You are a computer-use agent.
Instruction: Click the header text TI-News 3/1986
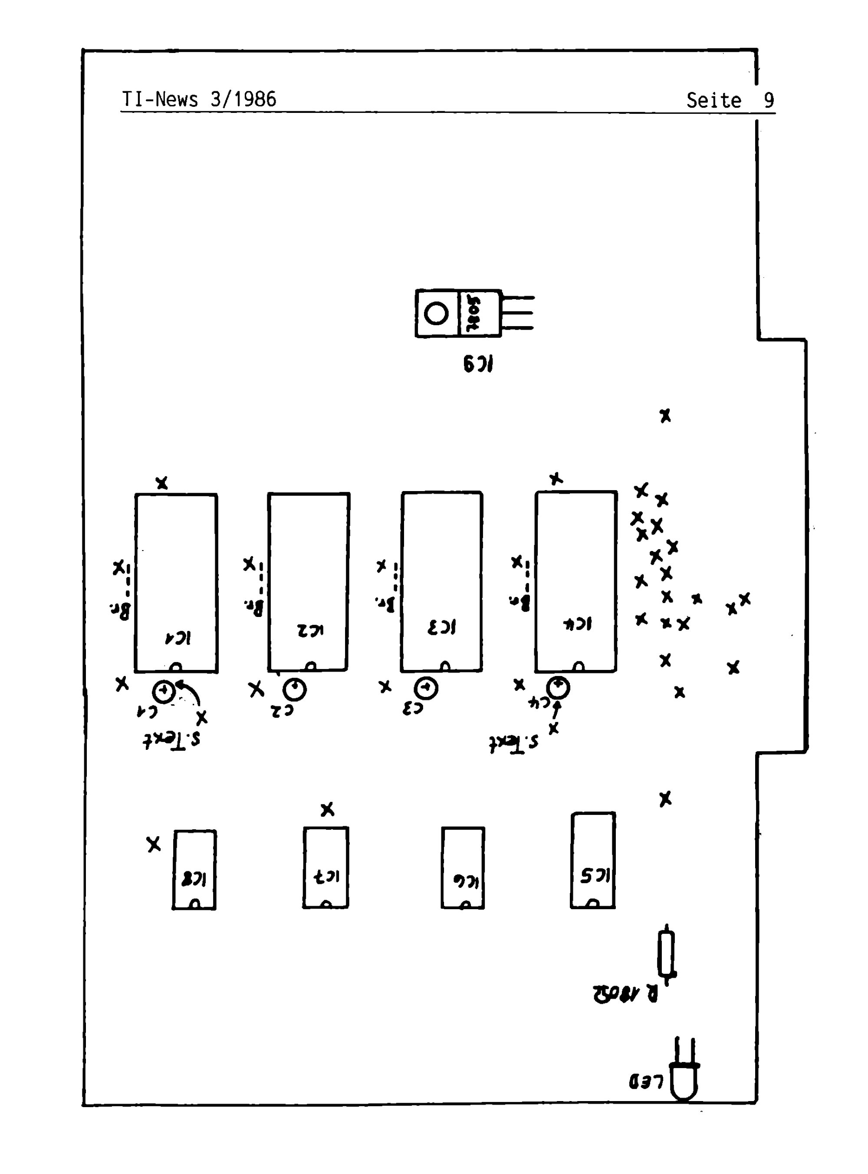coord(199,99)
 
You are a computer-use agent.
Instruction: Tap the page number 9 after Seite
coord(769,100)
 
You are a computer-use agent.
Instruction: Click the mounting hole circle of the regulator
coord(436,314)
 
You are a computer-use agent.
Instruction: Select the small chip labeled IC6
coord(462,867)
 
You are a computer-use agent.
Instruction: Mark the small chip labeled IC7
coord(326,867)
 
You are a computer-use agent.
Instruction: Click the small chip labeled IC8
coord(194,869)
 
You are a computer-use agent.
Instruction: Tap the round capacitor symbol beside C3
coord(427,688)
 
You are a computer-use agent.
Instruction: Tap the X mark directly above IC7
coord(327,810)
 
